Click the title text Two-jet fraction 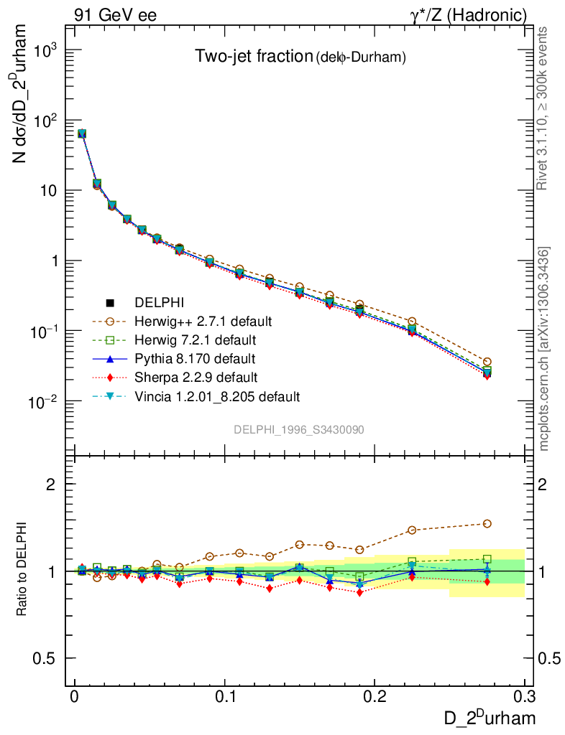click(x=252, y=57)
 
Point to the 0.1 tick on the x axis click(x=226, y=698)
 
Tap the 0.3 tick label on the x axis click(x=524, y=698)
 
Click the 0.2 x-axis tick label click(x=375, y=698)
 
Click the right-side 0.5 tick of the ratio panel click(x=550, y=658)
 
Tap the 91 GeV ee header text click(x=115, y=14)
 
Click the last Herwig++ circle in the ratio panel click(x=487, y=524)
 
